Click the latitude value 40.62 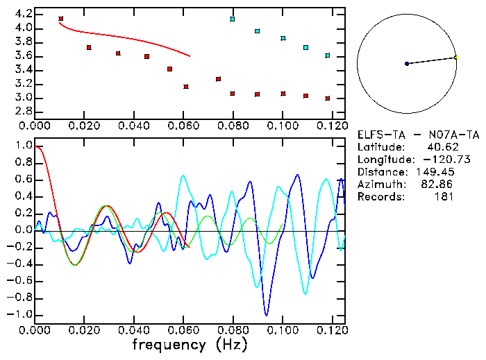(x=439, y=147)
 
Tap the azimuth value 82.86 (x=439, y=185)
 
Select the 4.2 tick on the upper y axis (x=22, y=14)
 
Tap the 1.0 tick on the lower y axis (x=22, y=146)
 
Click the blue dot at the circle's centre (x=407, y=64)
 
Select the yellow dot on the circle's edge (x=455, y=58)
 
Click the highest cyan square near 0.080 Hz (x=233, y=19)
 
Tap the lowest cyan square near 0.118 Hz (x=327, y=55)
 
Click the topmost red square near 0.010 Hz (x=61, y=19)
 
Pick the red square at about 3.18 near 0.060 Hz (x=186, y=87)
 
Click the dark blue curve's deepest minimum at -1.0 (x=265, y=314)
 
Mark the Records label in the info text (x=379, y=197)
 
